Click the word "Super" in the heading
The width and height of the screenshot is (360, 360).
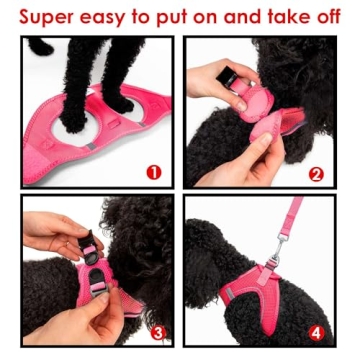pyautogui.click(x=44, y=17)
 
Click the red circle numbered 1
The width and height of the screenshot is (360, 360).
pyautogui.click(x=153, y=171)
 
